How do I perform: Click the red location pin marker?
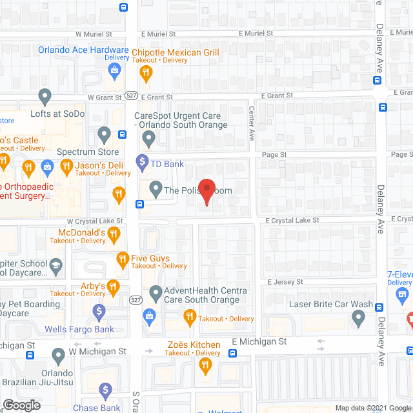point(206,192)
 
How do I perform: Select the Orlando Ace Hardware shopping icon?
point(115,70)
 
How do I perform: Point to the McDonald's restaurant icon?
point(115,236)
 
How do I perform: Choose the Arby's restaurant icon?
point(114,286)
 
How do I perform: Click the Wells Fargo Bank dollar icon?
point(99,313)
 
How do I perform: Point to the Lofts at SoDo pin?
point(45,97)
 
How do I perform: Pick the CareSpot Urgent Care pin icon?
point(149,138)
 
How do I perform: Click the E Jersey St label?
point(285,282)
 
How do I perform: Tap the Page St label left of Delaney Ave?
point(274,155)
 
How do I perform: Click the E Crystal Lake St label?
point(292,220)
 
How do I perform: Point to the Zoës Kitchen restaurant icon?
point(206,367)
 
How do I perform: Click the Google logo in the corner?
point(22,405)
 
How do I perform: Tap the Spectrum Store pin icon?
point(105,136)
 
